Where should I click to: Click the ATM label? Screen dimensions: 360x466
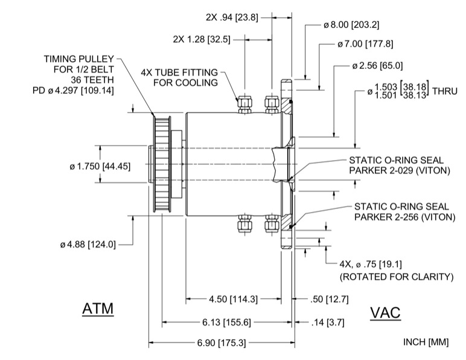point(98,309)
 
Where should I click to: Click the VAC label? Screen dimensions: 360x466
point(385,312)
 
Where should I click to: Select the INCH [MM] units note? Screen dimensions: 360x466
point(426,342)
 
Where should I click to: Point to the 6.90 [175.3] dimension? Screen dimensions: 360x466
point(222,343)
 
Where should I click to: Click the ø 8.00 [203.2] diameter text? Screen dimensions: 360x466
point(351,25)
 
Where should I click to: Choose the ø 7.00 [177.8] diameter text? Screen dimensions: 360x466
point(365,44)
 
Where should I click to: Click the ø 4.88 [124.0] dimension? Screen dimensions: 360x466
point(88,245)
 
